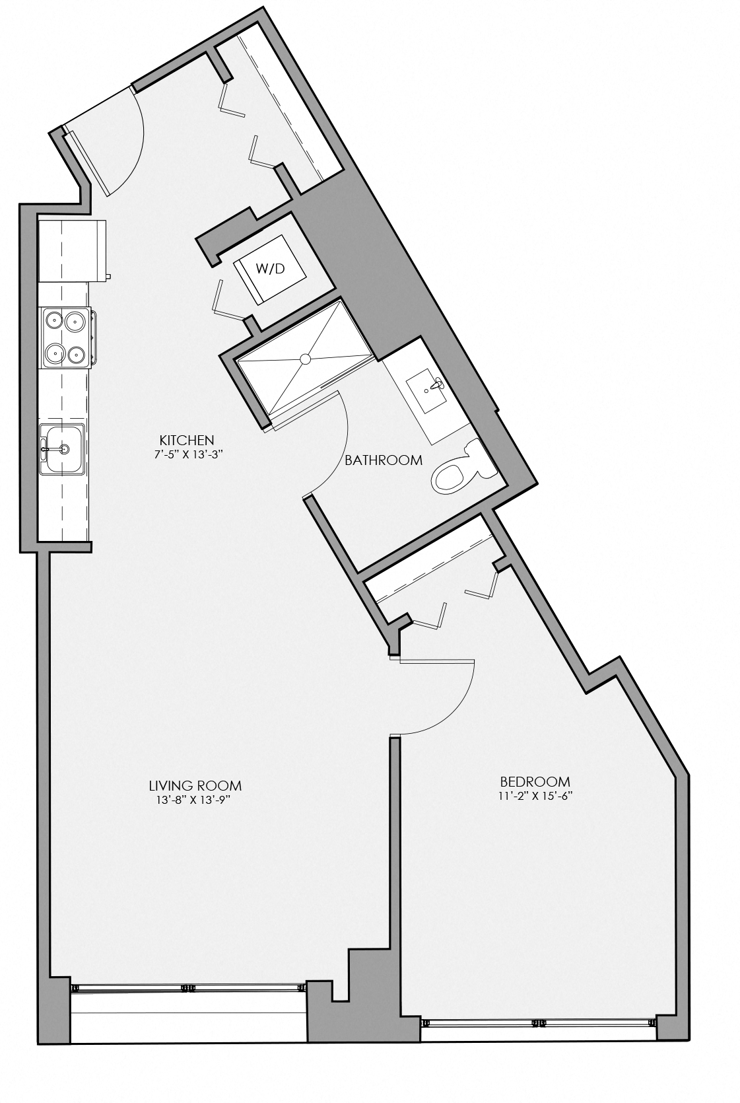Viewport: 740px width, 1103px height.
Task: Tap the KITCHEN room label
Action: pyautogui.click(x=187, y=440)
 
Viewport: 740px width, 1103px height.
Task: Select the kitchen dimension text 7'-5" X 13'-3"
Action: pyautogui.click(x=187, y=453)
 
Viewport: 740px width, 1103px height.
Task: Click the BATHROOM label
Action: pyautogui.click(x=384, y=460)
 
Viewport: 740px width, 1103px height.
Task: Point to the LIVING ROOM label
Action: pyautogui.click(x=195, y=786)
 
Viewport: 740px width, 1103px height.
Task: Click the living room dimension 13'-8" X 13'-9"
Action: pyautogui.click(x=195, y=800)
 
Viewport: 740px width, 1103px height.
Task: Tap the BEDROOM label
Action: pyautogui.click(x=535, y=781)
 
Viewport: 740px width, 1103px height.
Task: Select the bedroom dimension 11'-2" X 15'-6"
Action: pyautogui.click(x=535, y=795)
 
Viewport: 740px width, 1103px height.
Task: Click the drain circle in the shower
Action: pyautogui.click(x=305, y=359)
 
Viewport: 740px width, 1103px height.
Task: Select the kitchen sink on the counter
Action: pyautogui.click(x=62, y=449)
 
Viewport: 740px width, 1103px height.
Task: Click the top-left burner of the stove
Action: pyautogui.click(x=53, y=322)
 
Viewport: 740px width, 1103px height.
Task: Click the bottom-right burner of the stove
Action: pyautogui.click(x=77, y=355)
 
